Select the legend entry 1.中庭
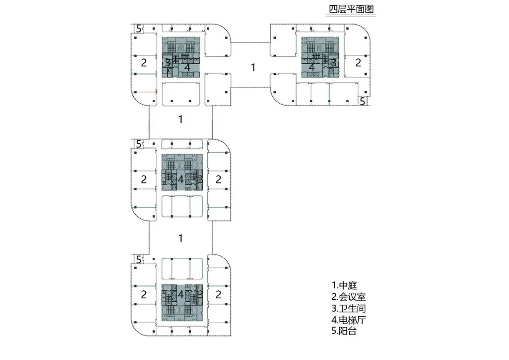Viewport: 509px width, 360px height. coord(345,285)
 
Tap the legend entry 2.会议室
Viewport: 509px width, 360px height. coord(349,297)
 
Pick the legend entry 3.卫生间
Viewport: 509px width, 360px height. coord(349,309)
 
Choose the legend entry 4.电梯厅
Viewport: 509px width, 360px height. coord(349,320)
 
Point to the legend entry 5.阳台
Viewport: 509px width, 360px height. coord(345,331)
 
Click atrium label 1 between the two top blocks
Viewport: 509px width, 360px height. coord(253,67)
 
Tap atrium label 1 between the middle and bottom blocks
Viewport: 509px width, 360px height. coord(180,238)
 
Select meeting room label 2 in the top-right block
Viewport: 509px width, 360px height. coord(358,62)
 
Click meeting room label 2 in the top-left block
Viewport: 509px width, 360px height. coord(144,62)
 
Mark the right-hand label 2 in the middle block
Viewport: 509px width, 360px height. coord(218,179)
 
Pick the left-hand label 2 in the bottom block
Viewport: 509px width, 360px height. coord(144,295)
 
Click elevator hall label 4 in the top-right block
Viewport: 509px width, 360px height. coord(311,67)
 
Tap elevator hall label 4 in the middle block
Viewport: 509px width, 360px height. coord(181,179)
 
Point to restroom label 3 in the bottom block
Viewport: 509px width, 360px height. coord(200,294)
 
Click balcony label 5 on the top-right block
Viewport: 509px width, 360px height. coord(362,100)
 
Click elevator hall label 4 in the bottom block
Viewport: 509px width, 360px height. coord(181,294)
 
